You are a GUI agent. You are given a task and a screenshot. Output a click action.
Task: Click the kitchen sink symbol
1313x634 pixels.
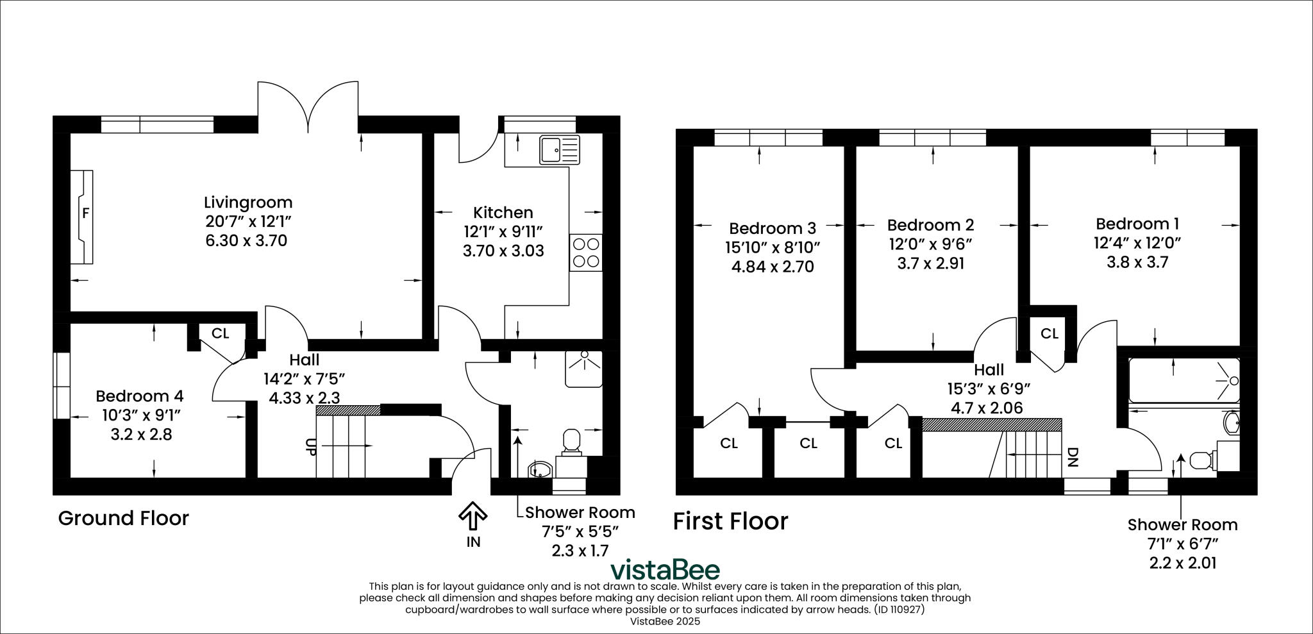[559, 149]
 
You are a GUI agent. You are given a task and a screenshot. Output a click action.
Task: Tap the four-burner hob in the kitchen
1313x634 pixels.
[586, 253]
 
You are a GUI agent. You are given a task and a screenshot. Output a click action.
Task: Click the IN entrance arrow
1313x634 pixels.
[473, 517]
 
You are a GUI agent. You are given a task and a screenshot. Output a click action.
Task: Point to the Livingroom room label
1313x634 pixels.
[248, 203]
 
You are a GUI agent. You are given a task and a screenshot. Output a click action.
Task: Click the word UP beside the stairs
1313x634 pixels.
[310, 447]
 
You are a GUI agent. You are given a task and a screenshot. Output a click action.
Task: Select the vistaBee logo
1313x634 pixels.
[665, 570]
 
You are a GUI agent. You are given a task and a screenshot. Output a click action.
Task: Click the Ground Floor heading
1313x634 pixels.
[124, 518]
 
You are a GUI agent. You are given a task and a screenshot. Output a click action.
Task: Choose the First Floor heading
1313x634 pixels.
[730, 522]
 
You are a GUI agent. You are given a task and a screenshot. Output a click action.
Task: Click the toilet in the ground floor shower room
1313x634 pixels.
[571, 442]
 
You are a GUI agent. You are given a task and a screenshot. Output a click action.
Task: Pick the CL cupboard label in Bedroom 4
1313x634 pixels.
[220, 333]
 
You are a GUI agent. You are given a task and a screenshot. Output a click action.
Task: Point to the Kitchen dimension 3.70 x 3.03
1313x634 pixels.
[503, 251]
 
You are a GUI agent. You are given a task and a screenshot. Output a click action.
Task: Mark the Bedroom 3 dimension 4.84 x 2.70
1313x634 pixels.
[773, 267]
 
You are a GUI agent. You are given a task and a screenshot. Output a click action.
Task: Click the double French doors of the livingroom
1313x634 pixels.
[308, 106]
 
